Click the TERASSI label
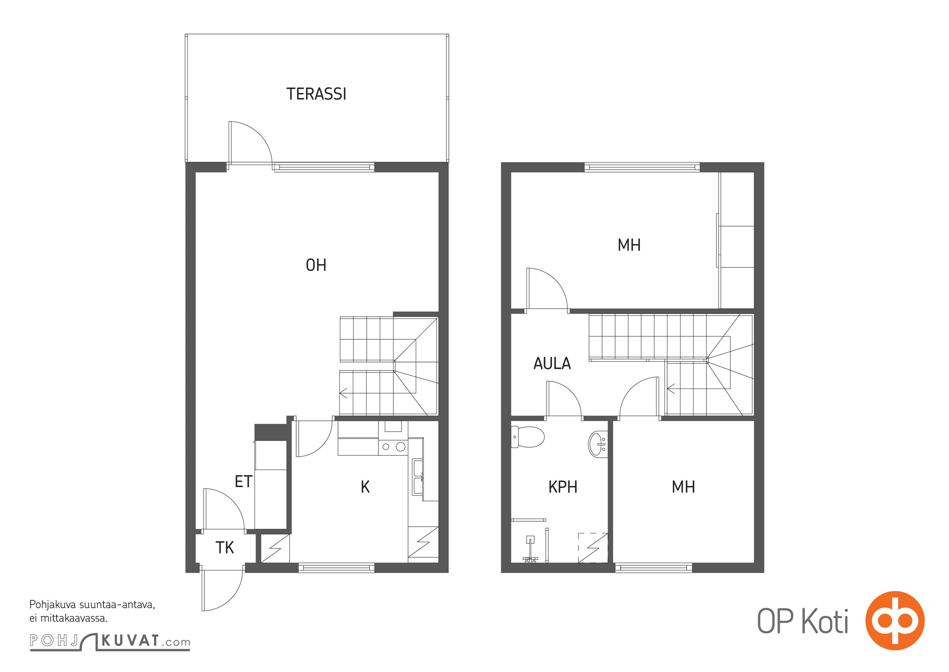pos(316,94)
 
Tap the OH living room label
pos(316,265)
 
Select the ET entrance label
pos(243,481)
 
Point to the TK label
pos(224,548)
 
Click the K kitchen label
pos(365,487)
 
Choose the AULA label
pos(552,363)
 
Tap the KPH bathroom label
pos(563,487)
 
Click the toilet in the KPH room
pos(527,437)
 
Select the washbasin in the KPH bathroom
pos(598,444)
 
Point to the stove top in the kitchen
pos(393,446)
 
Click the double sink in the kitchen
pos(418,477)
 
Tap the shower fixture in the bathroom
pos(530,549)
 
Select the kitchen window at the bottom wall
pos(336,568)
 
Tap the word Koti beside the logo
pos(825,621)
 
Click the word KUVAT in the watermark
pos(130,641)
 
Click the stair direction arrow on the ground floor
pos(344,394)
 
